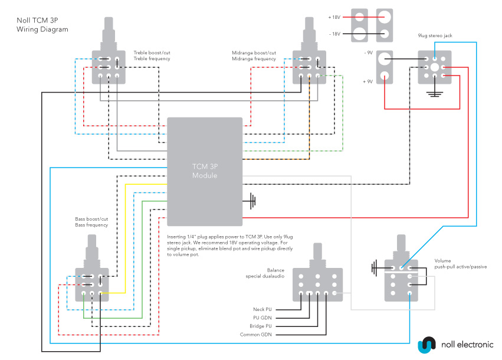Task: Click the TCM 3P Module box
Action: [205, 171]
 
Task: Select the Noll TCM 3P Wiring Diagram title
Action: [42, 24]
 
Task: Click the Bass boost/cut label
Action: [91, 222]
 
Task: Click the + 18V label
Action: [334, 17]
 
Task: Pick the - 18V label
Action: [334, 34]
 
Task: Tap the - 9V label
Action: [368, 53]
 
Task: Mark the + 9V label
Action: [368, 81]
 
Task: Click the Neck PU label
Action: [262, 309]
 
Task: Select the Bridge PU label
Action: [260, 326]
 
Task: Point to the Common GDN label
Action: [256, 335]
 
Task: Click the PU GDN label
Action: [263, 318]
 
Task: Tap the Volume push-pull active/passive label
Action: [460, 263]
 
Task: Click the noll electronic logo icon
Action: [426, 343]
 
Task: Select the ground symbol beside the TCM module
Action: [252, 201]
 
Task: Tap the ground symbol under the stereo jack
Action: [435, 93]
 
